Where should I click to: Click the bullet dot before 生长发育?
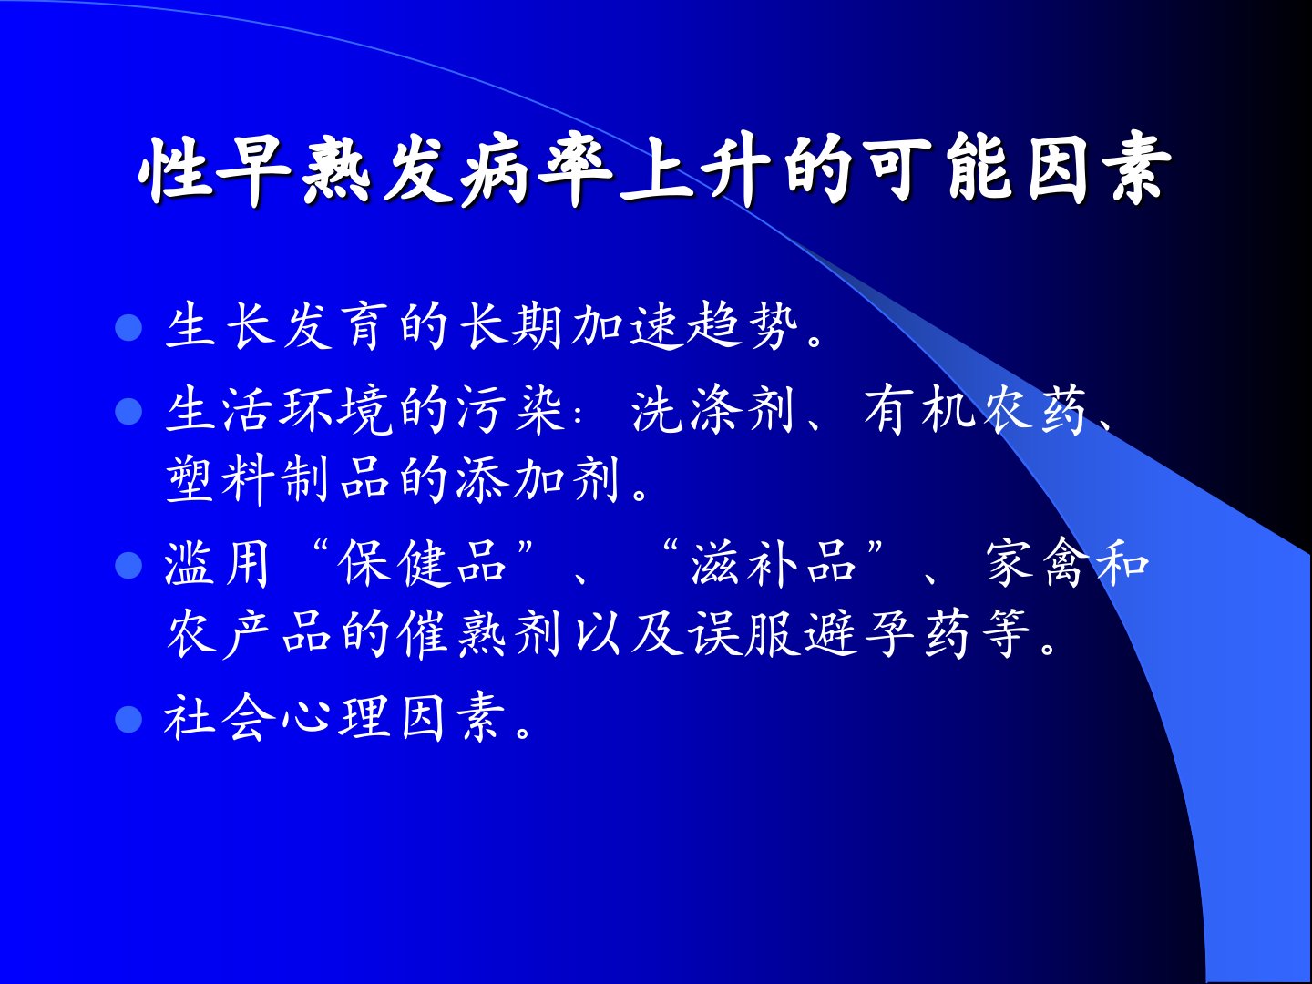[128, 327]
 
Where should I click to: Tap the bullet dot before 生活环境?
[128, 411]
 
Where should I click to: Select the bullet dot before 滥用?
[128, 565]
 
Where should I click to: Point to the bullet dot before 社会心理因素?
[128, 718]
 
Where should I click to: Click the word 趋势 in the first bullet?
[743, 327]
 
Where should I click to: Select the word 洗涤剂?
[713, 410]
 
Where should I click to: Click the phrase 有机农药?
[974, 410]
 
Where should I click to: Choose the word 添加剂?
[538, 480]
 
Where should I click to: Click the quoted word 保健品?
[423, 565]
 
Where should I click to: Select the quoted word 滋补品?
[774, 565]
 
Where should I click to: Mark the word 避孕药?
[889, 634]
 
